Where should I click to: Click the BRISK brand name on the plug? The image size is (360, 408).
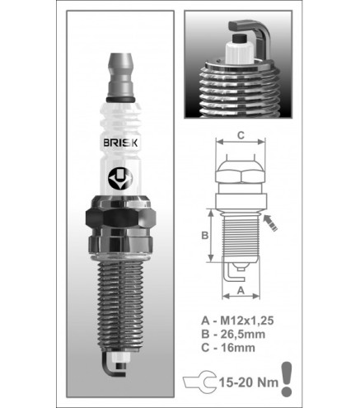point(120,143)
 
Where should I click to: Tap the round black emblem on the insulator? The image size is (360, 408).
point(120,179)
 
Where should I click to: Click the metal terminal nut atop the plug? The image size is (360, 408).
point(120,75)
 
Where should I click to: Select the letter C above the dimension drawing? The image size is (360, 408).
point(241,135)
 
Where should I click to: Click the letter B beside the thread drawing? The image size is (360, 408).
point(205,236)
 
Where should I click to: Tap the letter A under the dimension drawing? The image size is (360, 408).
point(241,290)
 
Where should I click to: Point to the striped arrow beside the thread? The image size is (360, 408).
point(270,223)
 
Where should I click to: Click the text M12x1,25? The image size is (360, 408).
point(247,321)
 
